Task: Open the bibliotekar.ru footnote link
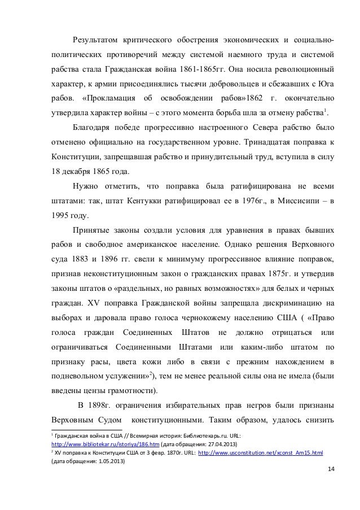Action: coord(100,445)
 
